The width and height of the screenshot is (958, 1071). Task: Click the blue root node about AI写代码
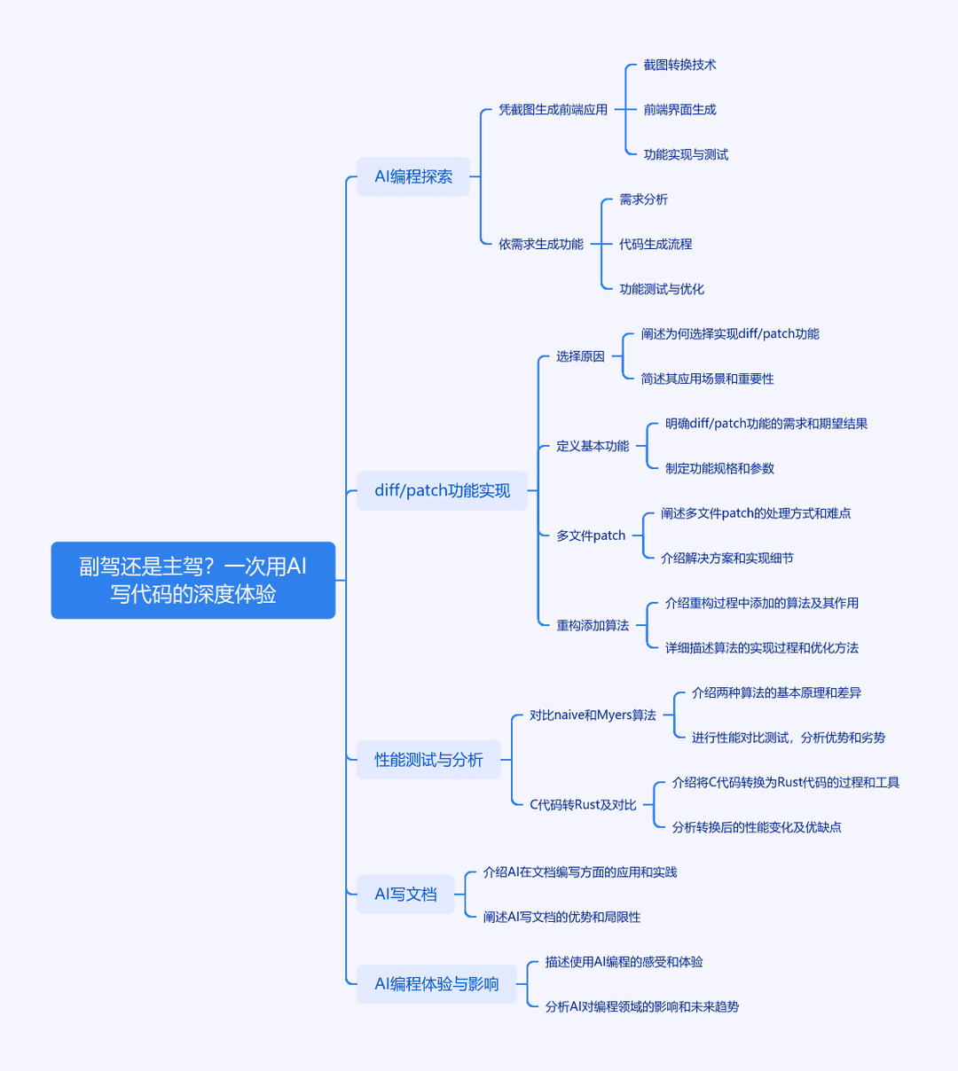click(x=193, y=580)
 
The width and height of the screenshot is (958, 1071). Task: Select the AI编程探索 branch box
click(x=413, y=176)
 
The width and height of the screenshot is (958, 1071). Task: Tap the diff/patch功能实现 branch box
click(x=442, y=490)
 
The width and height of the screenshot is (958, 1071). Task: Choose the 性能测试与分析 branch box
click(x=428, y=760)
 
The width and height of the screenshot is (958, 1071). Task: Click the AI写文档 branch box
click(x=405, y=894)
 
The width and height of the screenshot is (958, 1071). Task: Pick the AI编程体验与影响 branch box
click(x=436, y=984)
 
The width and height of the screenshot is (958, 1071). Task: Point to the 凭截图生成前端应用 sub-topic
click(x=553, y=109)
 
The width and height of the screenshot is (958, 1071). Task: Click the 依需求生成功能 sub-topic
click(x=540, y=244)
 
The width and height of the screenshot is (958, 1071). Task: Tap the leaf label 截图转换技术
click(x=679, y=65)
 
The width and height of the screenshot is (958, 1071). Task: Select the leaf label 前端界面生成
click(x=679, y=109)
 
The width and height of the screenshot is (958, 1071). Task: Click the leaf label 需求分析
click(x=643, y=199)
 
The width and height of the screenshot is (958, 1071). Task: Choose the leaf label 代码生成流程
click(x=656, y=244)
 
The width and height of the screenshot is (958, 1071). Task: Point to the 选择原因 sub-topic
click(x=580, y=356)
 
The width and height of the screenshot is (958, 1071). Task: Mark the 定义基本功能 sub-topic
click(x=593, y=446)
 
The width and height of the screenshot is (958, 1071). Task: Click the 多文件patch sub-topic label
click(x=591, y=535)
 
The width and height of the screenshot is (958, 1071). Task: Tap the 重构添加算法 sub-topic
click(x=593, y=625)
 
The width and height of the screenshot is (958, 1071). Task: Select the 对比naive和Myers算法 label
click(x=593, y=715)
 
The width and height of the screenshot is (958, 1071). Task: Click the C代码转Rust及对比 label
click(x=583, y=804)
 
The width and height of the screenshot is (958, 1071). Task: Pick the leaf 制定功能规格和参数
click(x=719, y=468)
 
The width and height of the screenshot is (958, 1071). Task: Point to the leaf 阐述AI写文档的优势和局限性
click(x=561, y=917)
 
